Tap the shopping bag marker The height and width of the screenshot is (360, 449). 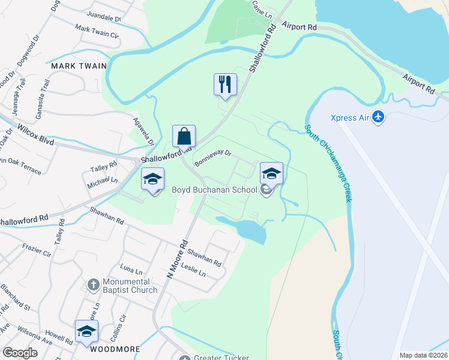184,136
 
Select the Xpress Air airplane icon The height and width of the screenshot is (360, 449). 378,117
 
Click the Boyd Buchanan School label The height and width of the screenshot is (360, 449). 214,190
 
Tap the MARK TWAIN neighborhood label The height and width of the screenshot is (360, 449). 79,66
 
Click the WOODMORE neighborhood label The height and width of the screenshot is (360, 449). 115,349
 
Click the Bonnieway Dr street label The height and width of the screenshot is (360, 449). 212,158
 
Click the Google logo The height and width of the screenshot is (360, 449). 20,353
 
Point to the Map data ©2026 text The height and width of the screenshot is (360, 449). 423,355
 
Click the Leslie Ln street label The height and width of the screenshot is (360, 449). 193,270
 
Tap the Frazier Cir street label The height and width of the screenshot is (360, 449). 35,250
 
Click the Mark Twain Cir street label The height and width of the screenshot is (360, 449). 97,31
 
